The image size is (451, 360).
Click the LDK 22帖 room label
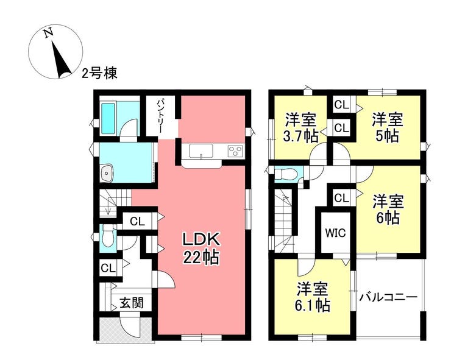pos(202,248)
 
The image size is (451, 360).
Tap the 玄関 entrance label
pos(132,303)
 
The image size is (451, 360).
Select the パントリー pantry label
pos(161,116)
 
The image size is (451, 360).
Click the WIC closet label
pos(336,233)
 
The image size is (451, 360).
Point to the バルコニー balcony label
pos(388,297)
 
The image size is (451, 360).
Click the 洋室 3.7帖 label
pos(301,128)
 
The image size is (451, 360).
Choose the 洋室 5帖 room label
pos(388,128)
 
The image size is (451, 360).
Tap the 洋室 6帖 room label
pos(388,210)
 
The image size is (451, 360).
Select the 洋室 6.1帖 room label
pos(313,297)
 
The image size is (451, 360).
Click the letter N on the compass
pos(49,32)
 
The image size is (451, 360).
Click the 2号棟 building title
pos(99,74)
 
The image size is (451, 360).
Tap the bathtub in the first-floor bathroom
pos(108,118)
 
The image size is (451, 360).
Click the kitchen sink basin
pos(201,150)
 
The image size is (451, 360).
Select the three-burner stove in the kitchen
pos(235,150)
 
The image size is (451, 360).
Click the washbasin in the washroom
pos(107,173)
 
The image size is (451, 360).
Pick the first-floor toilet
pos(108,236)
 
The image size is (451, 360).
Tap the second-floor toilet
pos(285,174)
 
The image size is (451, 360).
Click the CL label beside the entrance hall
pos(108,268)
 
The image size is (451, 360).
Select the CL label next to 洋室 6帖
pos(341,198)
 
